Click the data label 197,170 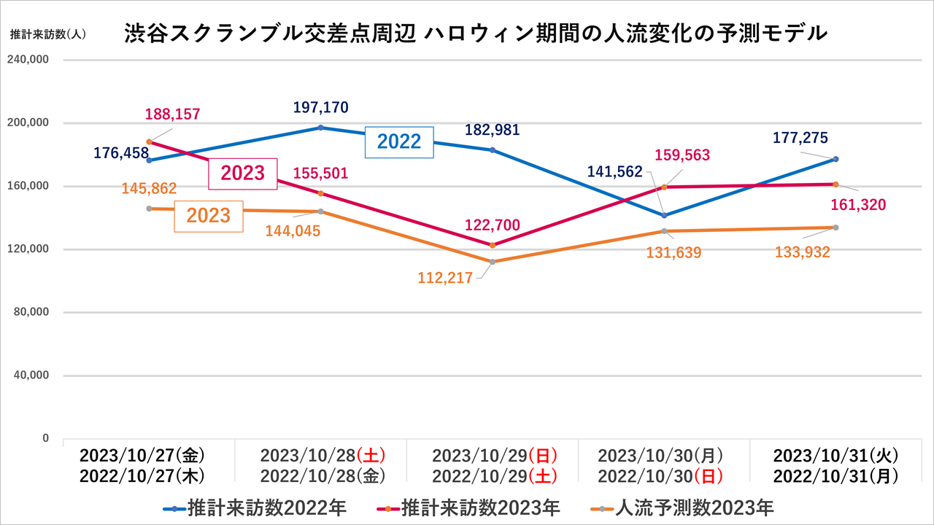[320, 108]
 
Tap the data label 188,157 [172, 114]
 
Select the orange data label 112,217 [445, 277]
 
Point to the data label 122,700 [493, 225]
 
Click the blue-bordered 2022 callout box [399, 141]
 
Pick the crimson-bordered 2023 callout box [243, 174]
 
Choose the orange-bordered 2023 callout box [209, 216]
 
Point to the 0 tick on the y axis [45, 438]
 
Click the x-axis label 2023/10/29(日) [494, 456]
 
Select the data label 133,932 [802, 252]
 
